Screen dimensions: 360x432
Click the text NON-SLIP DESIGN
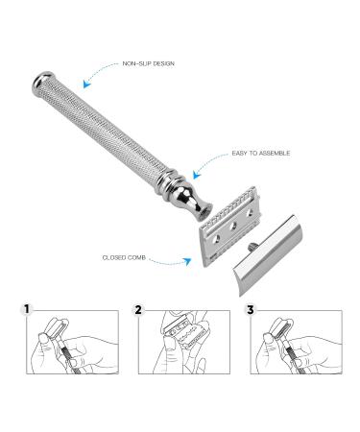[x=149, y=63]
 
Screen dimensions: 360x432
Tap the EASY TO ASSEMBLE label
[x=261, y=154]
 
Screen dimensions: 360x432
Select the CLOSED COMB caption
[x=124, y=257]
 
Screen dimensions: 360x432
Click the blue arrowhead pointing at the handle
[x=86, y=84]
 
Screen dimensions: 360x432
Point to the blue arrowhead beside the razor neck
[x=197, y=175]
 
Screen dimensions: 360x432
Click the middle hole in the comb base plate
[x=233, y=227]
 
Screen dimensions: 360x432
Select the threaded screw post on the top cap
[x=252, y=246]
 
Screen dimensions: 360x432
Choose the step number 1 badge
[x=27, y=309]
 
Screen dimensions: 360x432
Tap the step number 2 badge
[x=138, y=309]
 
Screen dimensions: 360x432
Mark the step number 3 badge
[x=250, y=309]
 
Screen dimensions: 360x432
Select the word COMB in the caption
[x=136, y=257]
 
